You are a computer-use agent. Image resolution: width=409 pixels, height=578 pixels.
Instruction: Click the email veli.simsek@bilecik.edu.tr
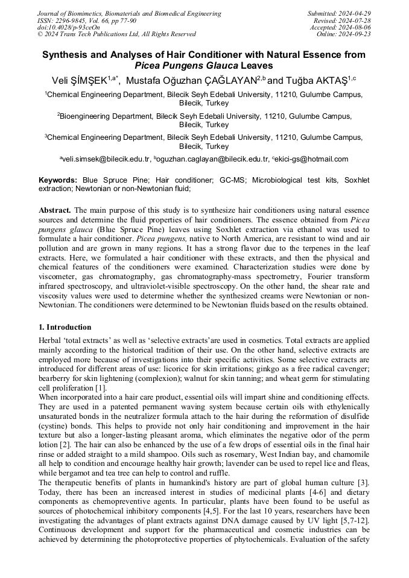tap(106, 159)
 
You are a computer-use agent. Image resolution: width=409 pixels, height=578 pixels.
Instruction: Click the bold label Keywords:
tap(58, 180)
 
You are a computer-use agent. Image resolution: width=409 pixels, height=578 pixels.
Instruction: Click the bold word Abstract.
tap(55, 210)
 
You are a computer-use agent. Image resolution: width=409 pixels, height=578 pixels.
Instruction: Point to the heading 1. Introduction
tap(65, 327)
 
